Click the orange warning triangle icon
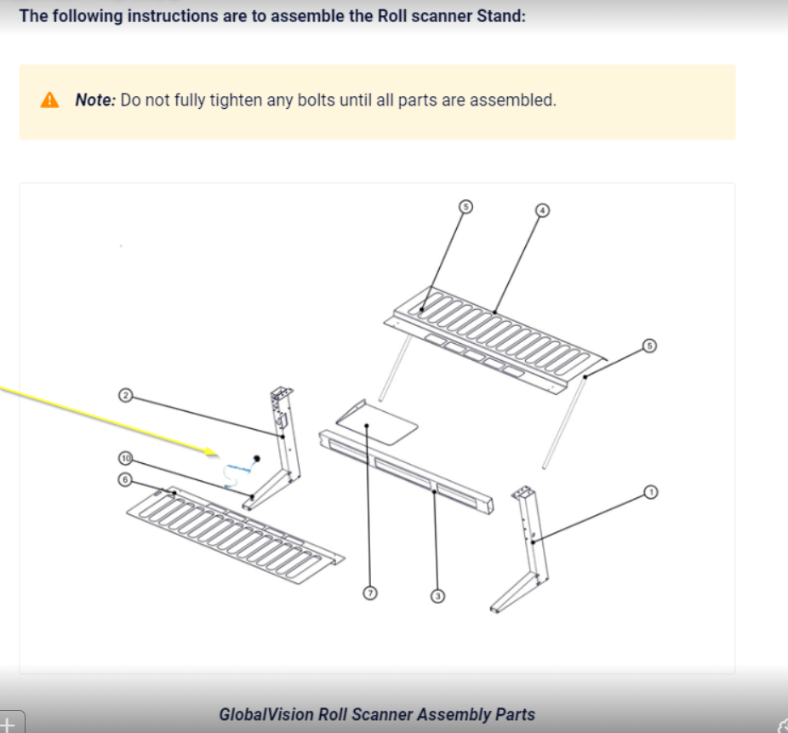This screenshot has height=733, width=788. pos(49,100)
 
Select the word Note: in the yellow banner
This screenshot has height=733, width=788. pos(95,100)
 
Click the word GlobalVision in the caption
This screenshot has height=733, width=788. pos(266,714)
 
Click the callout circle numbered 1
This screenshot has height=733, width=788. pos(650,492)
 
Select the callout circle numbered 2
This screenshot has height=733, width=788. pos(126,396)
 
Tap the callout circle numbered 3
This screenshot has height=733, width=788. pos(437,596)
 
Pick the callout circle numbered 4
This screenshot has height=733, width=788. pos(542,210)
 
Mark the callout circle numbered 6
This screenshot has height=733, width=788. pos(125,479)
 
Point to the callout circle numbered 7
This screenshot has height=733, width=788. pos(370,593)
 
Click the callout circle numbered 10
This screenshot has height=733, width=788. pos(126,459)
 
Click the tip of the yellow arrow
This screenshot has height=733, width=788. pos(219,455)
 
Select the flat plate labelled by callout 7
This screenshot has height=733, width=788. pos(376,422)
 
